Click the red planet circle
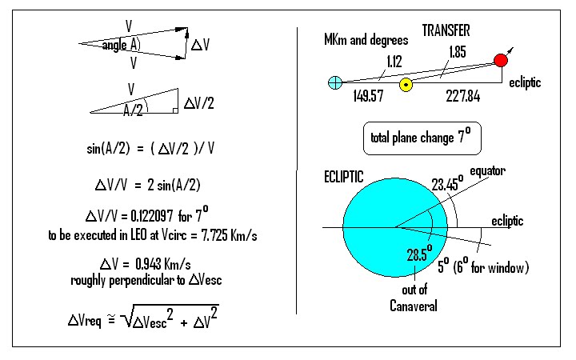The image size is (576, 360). pyautogui.click(x=501, y=60)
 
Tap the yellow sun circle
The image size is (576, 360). pyautogui.click(x=406, y=84)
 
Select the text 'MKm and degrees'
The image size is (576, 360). pyautogui.click(x=366, y=39)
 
